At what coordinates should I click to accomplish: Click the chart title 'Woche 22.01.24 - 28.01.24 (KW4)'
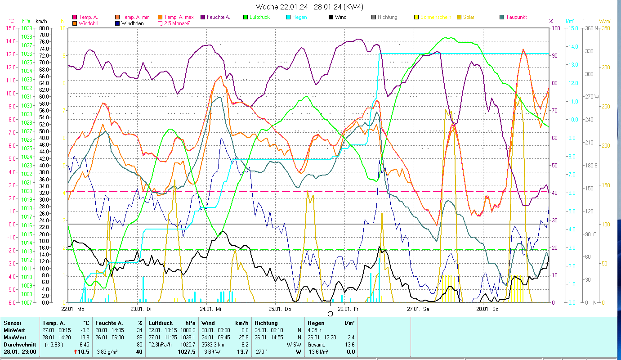[x=309, y=7]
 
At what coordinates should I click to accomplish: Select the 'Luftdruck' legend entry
[x=259, y=17]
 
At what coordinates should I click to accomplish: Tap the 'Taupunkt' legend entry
[x=516, y=17]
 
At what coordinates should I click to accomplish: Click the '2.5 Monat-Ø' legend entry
[x=177, y=23]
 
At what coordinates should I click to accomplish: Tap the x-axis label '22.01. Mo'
[x=73, y=309]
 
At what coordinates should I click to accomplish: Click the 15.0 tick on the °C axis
[x=10, y=28]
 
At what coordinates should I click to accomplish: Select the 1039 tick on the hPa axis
[x=27, y=28]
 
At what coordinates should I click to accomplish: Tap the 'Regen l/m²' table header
[x=331, y=323]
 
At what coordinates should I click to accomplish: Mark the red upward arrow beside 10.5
[x=76, y=352]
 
